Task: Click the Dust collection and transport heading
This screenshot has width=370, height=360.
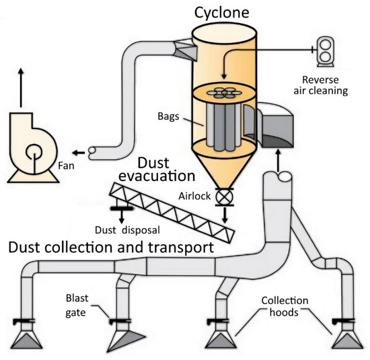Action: pyautogui.click(x=110, y=248)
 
